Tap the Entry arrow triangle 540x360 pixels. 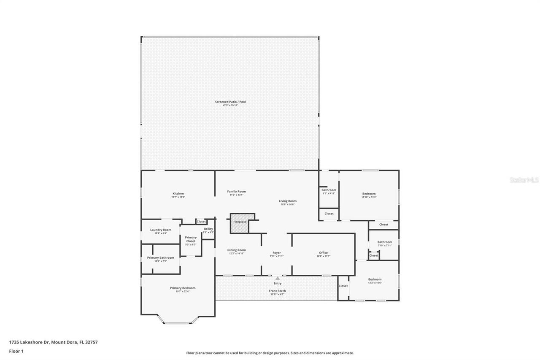277,278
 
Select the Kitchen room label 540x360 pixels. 178,194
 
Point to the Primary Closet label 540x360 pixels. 191,239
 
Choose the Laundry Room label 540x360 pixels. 161,230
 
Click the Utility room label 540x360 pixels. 208,229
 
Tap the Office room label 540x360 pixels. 323,253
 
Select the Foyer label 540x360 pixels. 276,253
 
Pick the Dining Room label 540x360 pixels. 237,250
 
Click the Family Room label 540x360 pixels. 236,192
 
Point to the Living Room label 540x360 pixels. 288,201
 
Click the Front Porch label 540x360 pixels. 277,291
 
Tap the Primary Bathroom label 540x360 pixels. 160,258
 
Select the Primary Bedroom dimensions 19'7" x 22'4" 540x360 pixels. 183,292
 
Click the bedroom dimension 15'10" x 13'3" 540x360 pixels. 369,197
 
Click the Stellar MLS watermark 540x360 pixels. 524,180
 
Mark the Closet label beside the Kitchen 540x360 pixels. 201,222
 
